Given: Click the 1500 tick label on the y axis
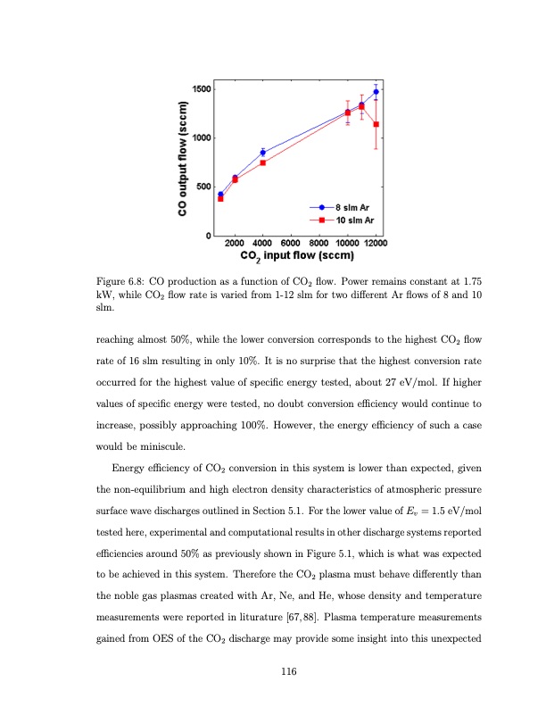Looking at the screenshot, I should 201,88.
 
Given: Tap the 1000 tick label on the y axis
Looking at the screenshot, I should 201,137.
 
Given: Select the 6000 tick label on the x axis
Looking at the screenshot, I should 291,243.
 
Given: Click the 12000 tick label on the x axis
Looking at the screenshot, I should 376,243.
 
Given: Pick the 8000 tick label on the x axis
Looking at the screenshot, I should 319,243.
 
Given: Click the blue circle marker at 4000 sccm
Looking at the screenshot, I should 262,153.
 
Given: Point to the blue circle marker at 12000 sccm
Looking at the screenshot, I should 376,91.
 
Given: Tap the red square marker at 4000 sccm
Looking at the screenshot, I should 262,162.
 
